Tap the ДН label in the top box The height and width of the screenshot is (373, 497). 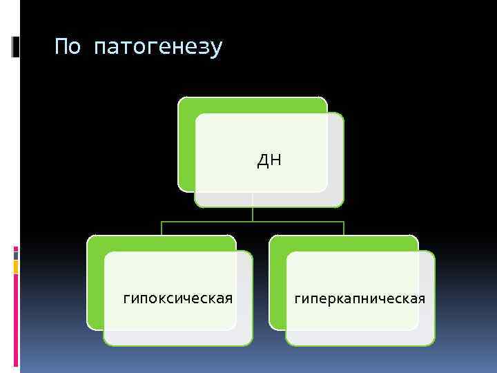click(269, 161)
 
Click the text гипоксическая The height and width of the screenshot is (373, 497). click(177, 298)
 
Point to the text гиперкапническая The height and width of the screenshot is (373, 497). click(360, 298)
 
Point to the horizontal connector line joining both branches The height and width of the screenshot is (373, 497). click(253, 222)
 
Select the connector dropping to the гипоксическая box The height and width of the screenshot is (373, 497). click(162, 229)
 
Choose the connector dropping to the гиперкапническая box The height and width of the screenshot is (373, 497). click(344, 229)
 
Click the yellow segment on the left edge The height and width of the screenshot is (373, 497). click(16, 267)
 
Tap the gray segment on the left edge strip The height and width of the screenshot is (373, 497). click(16, 254)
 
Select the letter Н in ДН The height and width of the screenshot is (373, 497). click(275, 161)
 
